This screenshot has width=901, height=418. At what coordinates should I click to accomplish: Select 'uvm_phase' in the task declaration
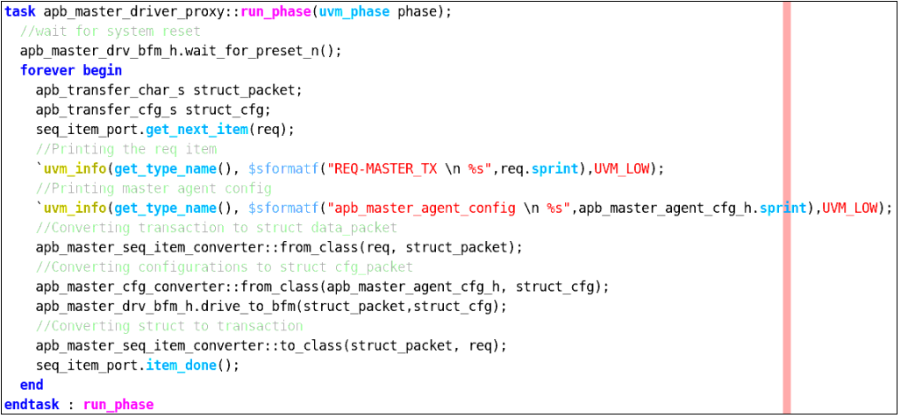coord(356,12)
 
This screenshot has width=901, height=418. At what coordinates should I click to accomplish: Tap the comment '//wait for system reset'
coord(110,32)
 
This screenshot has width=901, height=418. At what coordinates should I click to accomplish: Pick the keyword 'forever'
coord(47,71)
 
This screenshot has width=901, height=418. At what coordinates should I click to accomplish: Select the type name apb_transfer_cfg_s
coord(106,110)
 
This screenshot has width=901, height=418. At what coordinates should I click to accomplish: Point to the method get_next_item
coord(197,130)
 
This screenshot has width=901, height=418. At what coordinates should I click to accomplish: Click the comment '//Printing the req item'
coord(125,149)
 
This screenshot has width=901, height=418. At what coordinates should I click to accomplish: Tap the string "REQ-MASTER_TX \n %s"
coord(411,169)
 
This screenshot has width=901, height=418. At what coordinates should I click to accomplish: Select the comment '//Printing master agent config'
coord(154,188)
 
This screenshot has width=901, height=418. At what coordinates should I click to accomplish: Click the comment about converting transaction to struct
coord(216,227)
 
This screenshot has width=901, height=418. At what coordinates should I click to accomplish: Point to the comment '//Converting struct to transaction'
coord(169,326)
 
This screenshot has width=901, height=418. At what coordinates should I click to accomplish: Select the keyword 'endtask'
coord(32,404)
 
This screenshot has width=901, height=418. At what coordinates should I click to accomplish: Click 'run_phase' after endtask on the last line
coord(118,405)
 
